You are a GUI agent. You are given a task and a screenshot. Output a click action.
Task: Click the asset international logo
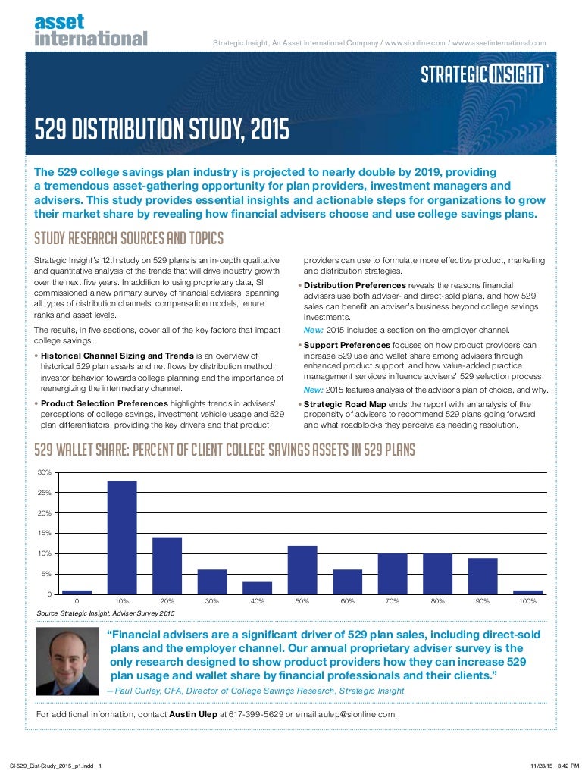point(90,30)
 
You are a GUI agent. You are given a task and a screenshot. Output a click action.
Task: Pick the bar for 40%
point(257,588)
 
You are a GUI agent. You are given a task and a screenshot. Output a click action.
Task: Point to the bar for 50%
point(302,569)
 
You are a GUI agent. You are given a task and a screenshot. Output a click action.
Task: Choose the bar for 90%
point(483,575)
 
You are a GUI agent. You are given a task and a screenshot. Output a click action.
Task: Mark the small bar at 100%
point(527,591)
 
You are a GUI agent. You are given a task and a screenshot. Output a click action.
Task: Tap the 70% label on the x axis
point(393,601)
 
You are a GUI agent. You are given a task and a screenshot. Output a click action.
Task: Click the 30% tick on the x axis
point(212,601)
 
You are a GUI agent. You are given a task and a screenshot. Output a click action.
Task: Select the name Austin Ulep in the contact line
point(192,714)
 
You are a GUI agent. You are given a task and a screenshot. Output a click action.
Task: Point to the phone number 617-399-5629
point(251,714)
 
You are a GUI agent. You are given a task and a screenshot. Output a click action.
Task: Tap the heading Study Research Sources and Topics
point(129,240)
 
